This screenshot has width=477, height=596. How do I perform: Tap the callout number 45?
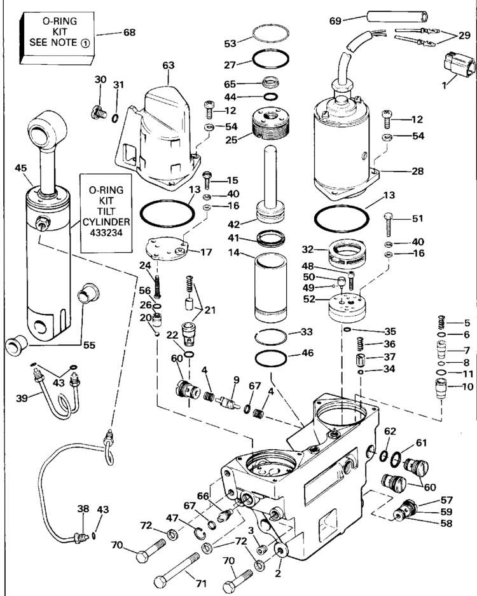pyautogui.click(x=20, y=168)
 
